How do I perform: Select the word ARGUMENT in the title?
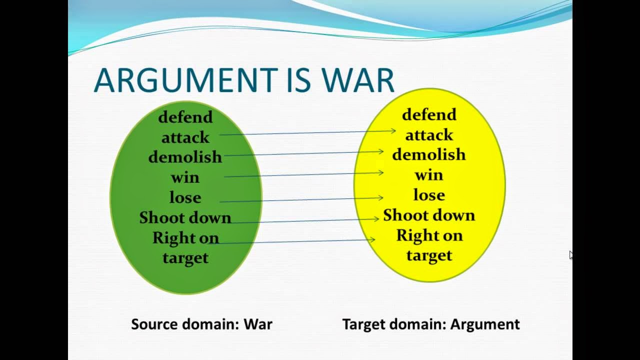[185, 80]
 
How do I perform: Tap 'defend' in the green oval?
[185, 117]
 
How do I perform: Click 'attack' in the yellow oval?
[429, 135]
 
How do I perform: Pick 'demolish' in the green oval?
[185, 157]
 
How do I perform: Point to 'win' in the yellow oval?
[429, 175]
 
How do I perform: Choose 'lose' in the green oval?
[185, 197]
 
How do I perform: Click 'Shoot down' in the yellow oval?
[429, 215]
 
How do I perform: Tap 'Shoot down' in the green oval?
[185, 218]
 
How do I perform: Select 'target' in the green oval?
[185, 258]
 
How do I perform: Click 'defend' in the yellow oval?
[429, 114]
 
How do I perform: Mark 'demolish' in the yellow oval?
[429, 155]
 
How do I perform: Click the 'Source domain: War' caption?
[201, 324]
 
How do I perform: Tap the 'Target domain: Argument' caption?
[431, 324]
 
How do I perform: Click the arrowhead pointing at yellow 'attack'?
[393, 131]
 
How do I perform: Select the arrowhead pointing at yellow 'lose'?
[381, 198]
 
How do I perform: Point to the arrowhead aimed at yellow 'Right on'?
[372, 239]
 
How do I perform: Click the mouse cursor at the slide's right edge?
[571, 255]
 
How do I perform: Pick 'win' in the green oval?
[185, 177]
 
